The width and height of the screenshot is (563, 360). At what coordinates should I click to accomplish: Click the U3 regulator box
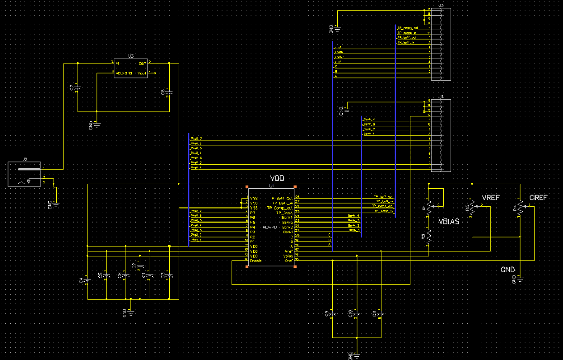(x=131, y=67)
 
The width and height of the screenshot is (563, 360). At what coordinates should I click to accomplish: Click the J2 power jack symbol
(x=24, y=174)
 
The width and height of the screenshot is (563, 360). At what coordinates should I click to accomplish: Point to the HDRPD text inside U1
(x=270, y=227)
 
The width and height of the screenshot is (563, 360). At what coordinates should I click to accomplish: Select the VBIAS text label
(x=449, y=221)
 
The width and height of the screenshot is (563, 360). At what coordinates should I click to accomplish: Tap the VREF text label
(x=491, y=198)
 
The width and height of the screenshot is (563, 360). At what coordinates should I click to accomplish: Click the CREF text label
(x=539, y=198)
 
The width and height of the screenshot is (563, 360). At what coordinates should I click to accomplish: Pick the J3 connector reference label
(x=441, y=5)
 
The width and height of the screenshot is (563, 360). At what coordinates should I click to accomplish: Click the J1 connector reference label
(x=441, y=96)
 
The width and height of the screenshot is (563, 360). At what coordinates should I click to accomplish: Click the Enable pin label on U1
(x=256, y=261)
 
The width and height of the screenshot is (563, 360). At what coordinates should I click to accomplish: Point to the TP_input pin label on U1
(x=285, y=213)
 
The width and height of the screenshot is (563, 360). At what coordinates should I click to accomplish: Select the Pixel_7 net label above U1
(x=195, y=139)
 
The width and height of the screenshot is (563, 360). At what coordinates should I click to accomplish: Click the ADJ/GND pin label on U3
(x=124, y=73)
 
